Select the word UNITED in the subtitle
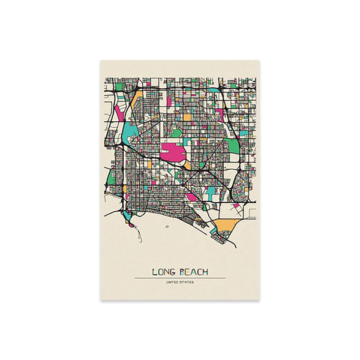[173, 282]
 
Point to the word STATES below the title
[187, 282]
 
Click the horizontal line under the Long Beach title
[180, 278]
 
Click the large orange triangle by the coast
[225, 226]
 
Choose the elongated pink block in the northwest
[118, 112]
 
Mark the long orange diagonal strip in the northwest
[136, 98]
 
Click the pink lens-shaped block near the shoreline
[191, 197]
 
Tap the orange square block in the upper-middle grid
[187, 117]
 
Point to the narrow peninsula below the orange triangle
[221, 238]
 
